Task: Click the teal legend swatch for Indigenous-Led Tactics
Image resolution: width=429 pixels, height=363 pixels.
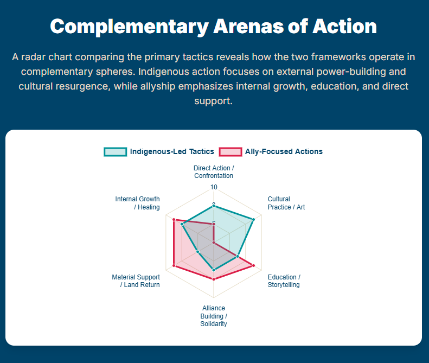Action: pos(115,152)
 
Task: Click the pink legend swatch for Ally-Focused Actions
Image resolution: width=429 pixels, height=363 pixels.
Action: pos(230,152)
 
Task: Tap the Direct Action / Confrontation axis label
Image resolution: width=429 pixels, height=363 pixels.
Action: pos(214,172)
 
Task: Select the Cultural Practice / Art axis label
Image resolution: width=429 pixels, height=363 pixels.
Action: pos(286,203)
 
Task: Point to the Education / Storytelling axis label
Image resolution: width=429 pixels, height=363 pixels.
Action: pos(284,281)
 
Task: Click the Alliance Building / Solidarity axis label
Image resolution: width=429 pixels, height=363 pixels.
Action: pos(214,316)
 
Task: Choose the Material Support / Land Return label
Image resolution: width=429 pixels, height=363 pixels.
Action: pos(136,281)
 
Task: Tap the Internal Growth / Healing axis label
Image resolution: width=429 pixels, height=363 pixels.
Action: pos(138,203)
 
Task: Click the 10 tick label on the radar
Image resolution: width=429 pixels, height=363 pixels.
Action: pos(214,187)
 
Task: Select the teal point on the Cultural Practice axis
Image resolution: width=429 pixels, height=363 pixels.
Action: pos(253,220)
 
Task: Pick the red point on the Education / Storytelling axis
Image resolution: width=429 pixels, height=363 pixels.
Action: pos(253,265)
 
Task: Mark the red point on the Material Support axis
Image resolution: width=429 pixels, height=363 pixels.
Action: pos(174,265)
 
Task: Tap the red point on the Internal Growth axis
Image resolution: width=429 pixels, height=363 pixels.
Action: pos(174,220)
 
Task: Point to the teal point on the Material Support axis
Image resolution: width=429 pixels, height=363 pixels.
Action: pos(198,252)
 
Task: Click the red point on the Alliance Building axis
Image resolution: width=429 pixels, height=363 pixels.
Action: pos(214,279)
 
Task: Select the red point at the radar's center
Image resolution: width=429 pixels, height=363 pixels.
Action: pos(214,243)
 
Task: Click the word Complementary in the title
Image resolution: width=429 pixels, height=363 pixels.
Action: pos(130,27)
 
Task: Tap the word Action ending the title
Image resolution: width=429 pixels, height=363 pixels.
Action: pos(345,26)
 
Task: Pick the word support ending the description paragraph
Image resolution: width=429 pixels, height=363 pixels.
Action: pos(213,101)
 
